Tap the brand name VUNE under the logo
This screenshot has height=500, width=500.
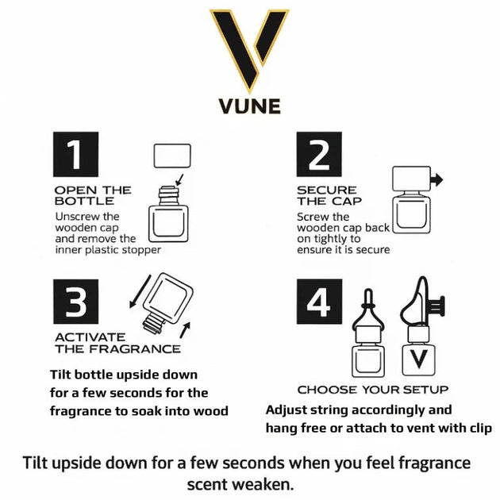249,106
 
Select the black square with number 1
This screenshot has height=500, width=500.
75,154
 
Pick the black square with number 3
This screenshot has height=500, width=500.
75,302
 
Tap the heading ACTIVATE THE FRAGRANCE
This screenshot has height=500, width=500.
117,343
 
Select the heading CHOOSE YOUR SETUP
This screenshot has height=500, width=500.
372,390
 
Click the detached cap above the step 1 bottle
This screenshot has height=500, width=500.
171,156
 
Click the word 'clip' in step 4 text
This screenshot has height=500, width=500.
479,428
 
